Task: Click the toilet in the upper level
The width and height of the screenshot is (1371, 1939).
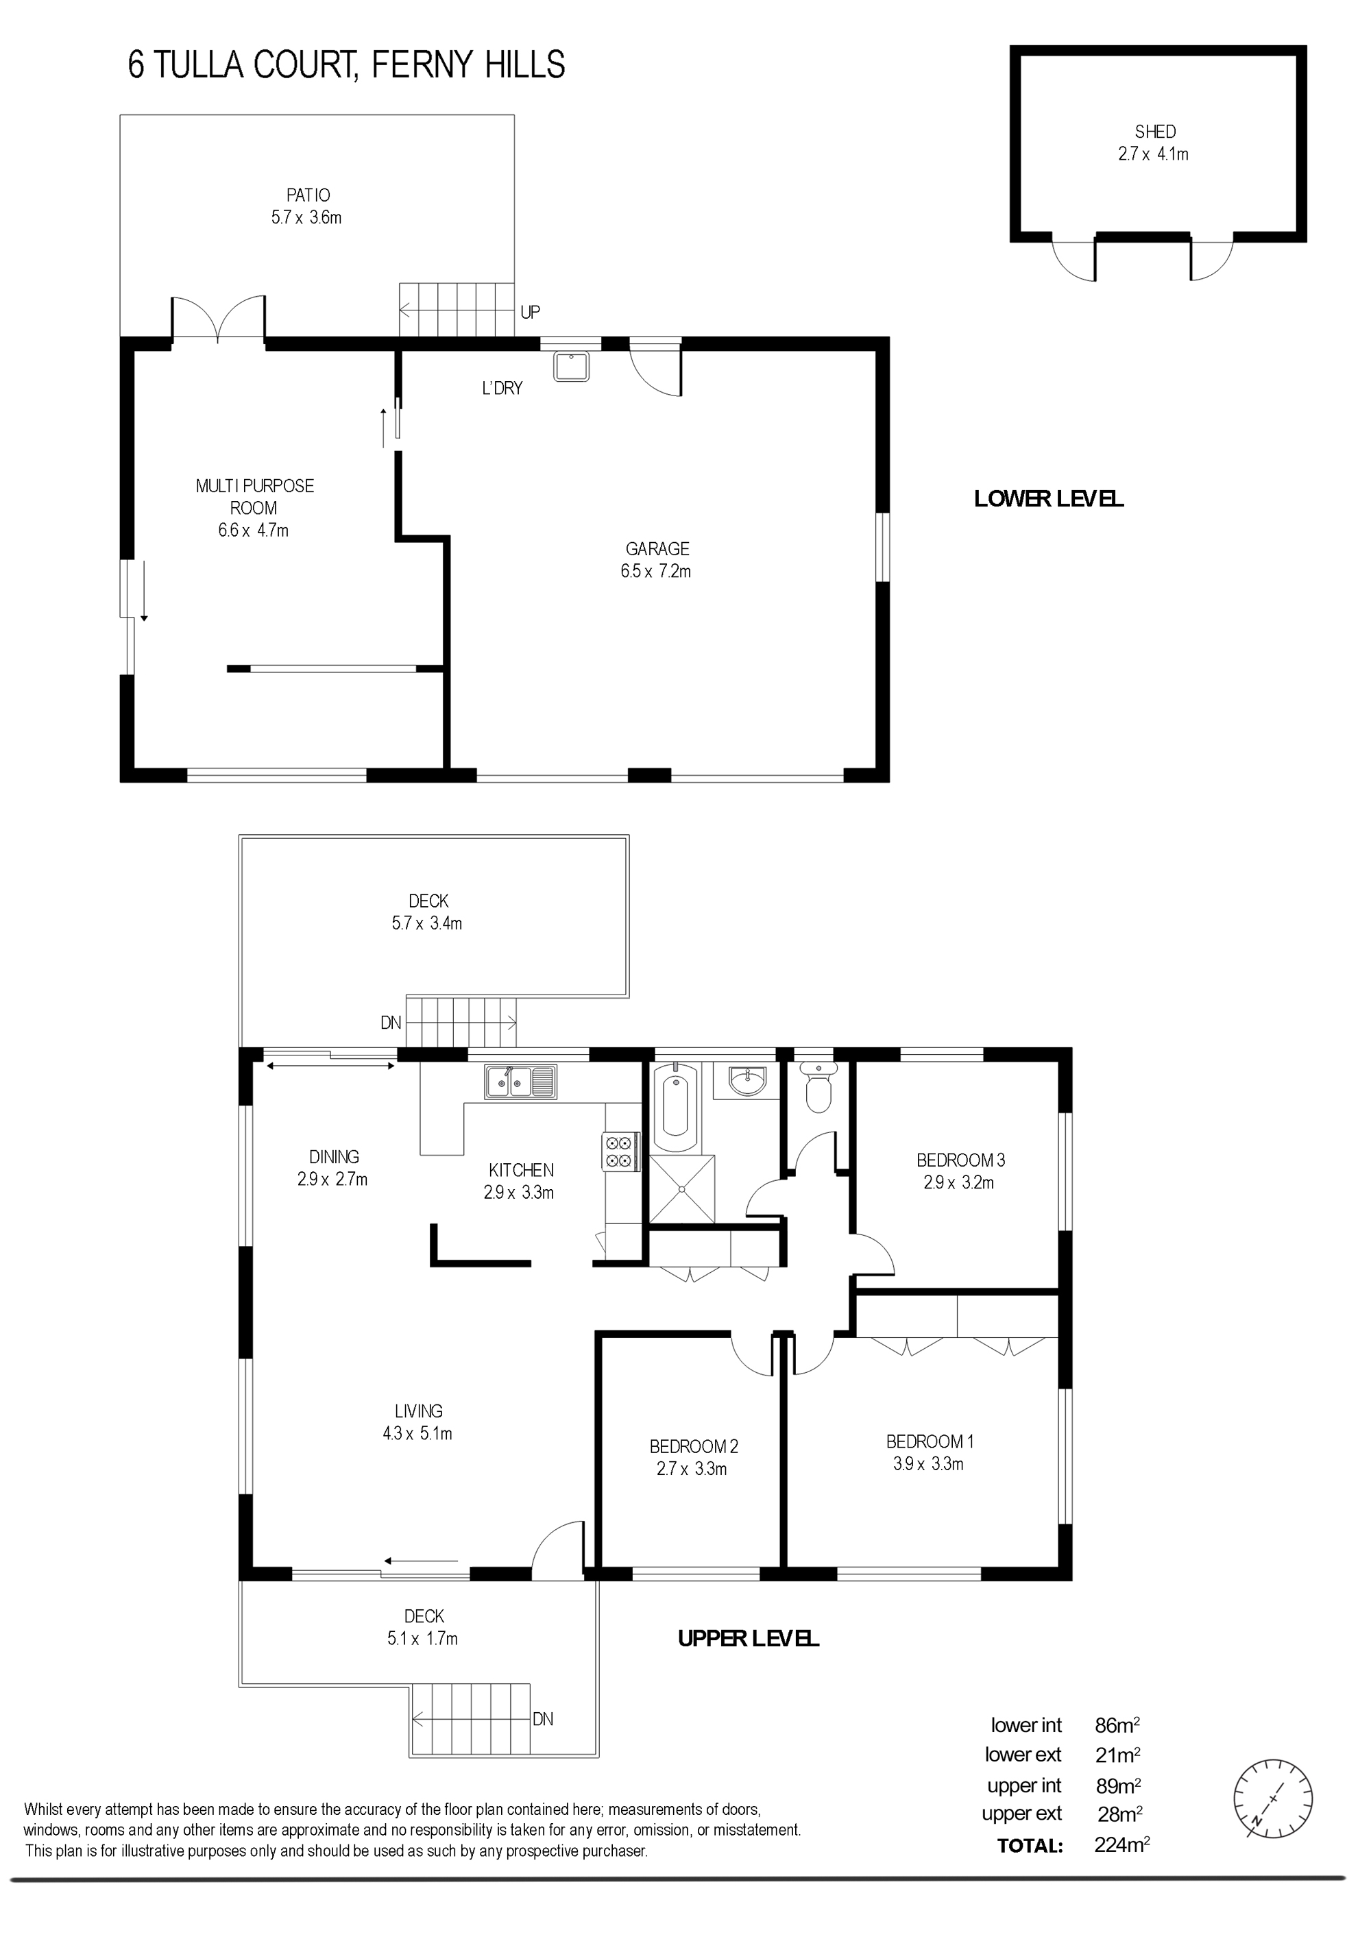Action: coord(818,1087)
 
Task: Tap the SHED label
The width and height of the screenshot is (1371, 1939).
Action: coord(1155,132)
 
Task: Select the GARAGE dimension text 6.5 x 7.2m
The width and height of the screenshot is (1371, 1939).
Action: coord(655,572)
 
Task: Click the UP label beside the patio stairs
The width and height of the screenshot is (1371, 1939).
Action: coord(531,313)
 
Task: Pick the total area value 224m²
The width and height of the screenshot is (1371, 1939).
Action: coord(1121,1845)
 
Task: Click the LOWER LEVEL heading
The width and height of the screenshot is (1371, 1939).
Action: coord(1048,499)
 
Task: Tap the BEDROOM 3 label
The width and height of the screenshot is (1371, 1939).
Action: coord(960,1160)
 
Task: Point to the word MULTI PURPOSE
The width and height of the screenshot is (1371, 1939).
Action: coord(254,487)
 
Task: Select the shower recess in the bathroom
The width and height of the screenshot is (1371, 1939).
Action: coord(681,1188)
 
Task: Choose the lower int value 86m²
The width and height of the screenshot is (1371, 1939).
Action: coord(1117,1725)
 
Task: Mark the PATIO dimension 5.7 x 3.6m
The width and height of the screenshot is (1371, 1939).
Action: coord(306,218)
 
